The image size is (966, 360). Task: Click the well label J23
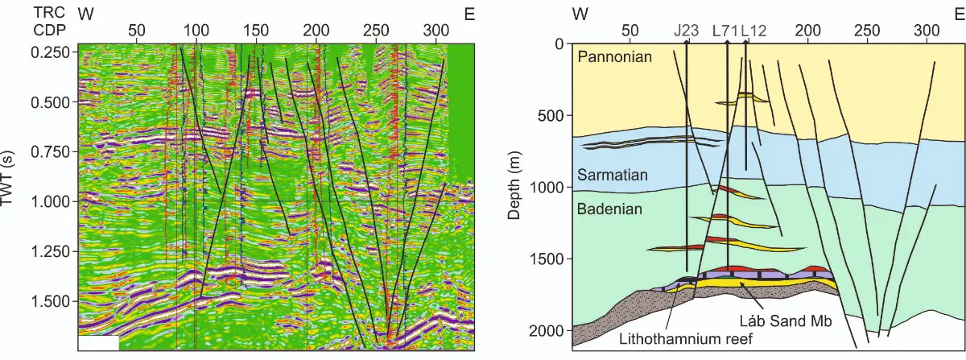(687, 31)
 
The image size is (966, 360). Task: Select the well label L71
(725, 31)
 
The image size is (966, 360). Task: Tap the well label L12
(753, 31)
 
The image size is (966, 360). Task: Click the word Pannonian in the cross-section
(614, 56)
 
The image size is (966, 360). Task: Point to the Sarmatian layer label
(613, 175)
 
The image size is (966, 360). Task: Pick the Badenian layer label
(609, 209)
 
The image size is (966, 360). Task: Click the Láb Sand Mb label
(786, 321)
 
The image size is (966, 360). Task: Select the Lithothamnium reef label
(686, 338)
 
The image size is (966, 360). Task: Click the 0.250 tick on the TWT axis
(51, 52)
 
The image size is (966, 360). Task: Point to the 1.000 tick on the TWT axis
(51, 201)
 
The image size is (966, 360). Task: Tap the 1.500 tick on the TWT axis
(51, 301)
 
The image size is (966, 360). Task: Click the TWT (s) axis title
(7, 178)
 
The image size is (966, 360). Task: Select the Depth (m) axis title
(514, 185)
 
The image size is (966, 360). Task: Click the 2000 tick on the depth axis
(547, 331)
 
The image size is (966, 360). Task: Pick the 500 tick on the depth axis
(551, 116)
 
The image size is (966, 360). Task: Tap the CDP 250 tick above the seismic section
(376, 31)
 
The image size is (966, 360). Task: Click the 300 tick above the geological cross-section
(927, 31)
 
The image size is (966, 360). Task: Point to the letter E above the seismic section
(469, 14)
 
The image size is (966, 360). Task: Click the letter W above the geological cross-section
(580, 14)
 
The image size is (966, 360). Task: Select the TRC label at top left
(50, 13)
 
